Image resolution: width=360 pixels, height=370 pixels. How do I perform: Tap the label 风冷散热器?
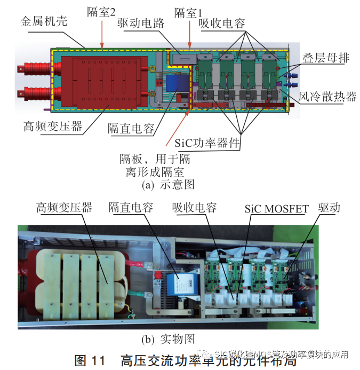(x=327, y=96)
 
